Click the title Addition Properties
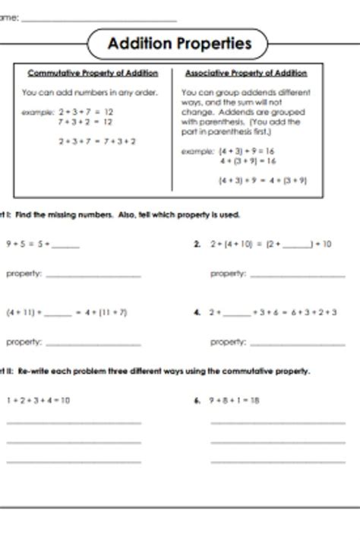(x=179, y=44)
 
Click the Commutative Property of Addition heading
(x=93, y=74)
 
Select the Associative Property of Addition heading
(x=246, y=74)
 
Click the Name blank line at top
(x=99, y=19)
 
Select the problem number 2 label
(x=197, y=245)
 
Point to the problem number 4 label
(x=197, y=312)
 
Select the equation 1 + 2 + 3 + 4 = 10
(x=38, y=400)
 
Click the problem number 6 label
(x=197, y=400)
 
